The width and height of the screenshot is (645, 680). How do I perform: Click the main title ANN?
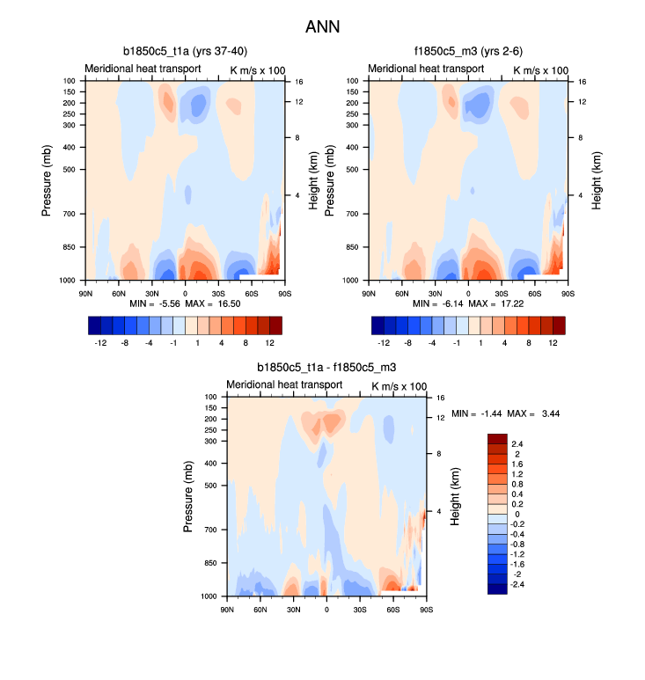click(322, 26)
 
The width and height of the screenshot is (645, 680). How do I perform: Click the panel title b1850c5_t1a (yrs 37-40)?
click(185, 51)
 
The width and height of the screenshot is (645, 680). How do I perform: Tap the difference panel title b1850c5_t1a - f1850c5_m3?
click(326, 367)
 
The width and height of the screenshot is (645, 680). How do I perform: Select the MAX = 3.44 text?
click(534, 413)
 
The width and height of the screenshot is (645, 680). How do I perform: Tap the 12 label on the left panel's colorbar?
click(269, 342)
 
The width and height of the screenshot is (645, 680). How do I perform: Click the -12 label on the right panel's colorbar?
click(384, 342)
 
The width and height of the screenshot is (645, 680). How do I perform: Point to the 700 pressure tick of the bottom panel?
click(209, 530)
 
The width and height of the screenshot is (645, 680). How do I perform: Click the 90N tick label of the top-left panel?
click(86, 293)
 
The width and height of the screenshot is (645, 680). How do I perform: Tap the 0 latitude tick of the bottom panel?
click(326, 609)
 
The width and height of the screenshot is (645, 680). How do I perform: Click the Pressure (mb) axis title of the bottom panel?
click(188, 496)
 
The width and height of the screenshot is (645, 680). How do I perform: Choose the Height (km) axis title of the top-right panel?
click(597, 179)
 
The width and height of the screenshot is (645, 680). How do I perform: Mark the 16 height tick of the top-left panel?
click(298, 81)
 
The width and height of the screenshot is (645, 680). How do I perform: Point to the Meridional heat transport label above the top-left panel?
click(143, 69)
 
